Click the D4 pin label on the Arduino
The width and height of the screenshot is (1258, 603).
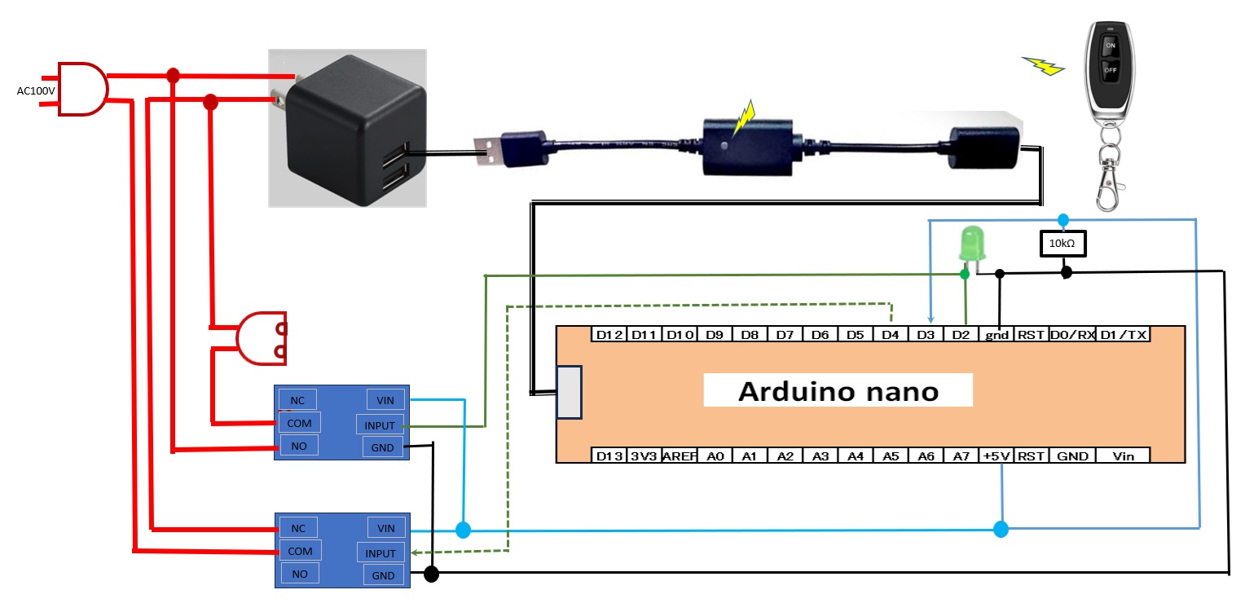click(x=890, y=335)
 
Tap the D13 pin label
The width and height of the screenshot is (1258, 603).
click(x=609, y=456)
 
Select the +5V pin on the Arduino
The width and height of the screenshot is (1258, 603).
click(x=996, y=456)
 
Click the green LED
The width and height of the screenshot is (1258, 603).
click(x=970, y=244)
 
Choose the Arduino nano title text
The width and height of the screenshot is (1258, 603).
click(x=838, y=391)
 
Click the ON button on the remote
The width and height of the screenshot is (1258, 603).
click(x=1109, y=46)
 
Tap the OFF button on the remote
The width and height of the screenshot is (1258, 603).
click(x=1109, y=70)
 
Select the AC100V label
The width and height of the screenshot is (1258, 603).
click(x=36, y=90)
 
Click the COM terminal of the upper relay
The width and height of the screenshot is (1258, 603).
click(x=300, y=422)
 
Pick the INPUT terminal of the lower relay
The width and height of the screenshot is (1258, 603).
click(x=380, y=553)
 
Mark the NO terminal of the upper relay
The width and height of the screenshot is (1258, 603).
click(x=300, y=446)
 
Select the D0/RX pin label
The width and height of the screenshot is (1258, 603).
click(x=1071, y=335)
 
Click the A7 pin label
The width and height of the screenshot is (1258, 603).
click(x=961, y=456)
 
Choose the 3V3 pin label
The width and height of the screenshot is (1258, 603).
click(x=644, y=456)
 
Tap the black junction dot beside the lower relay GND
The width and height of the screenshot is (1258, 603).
click(x=432, y=574)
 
